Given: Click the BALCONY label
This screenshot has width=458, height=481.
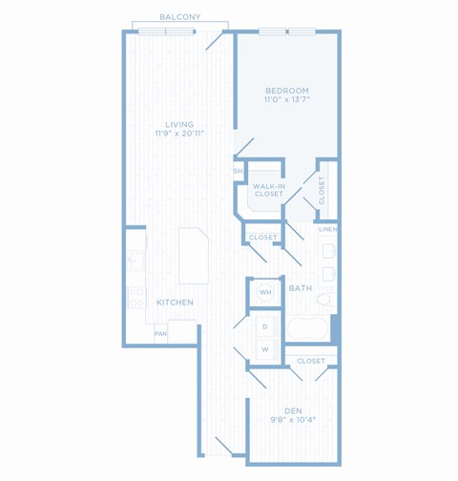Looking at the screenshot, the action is [x=180, y=17].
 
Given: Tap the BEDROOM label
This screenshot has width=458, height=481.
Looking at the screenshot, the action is [x=287, y=91].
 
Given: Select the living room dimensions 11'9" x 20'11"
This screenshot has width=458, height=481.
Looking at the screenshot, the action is [x=179, y=134].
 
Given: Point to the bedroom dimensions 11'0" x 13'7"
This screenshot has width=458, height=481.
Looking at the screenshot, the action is [x=287, y=99].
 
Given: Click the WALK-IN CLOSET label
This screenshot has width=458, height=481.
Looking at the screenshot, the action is [x=269, y=190].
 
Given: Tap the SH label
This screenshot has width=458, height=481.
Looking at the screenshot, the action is [x=238, y=171].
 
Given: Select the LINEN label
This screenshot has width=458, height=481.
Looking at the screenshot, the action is [x=328, y=229].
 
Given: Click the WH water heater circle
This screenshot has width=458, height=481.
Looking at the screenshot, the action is [x=265, y=292].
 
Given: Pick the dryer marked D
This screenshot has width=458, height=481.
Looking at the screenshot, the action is [x=265, y=326].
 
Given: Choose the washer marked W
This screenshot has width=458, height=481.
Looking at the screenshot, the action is [x=265, y=349].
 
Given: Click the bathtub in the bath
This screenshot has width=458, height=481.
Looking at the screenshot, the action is [x=307, y=328].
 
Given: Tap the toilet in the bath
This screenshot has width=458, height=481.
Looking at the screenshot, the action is [x=326, y=300].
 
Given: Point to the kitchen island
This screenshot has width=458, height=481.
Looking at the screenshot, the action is [x=194, y=256].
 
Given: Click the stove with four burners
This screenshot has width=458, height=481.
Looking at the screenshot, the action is [x=137, y=297].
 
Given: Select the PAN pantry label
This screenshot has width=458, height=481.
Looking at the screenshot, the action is [x=160, y=334].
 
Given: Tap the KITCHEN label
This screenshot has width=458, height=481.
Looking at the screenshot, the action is [x=175, y=303].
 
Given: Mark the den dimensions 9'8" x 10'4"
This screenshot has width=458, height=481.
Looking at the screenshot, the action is [x=293, y=420].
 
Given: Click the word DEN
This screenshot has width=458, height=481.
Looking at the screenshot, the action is [x=293, y=411].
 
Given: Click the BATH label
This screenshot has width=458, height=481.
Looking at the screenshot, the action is [x=301, y=288].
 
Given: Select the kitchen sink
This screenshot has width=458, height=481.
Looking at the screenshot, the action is [x=136, y=261].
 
